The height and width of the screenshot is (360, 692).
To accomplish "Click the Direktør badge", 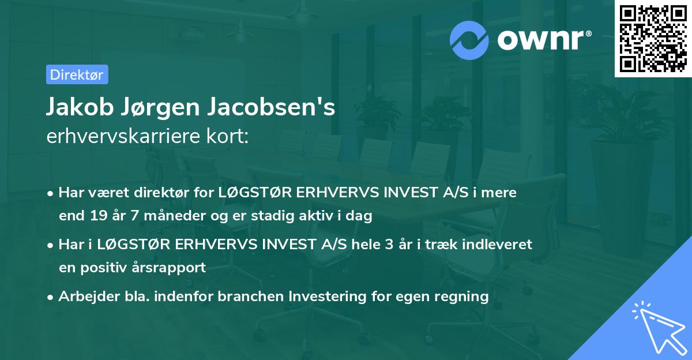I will tap(77, 74).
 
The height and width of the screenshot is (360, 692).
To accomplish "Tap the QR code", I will tap(653, 38).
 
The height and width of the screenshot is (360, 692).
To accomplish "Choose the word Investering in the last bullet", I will tap(326, 297).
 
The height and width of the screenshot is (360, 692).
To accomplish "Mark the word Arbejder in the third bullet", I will tap(83, 297).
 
